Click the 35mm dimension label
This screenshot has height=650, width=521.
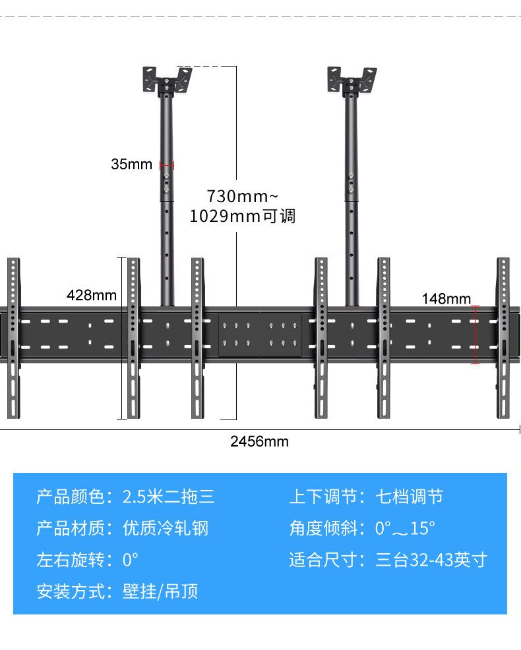click(131, 164)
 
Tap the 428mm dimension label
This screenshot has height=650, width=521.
click(91, 295)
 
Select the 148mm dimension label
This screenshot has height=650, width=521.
click(446, 299)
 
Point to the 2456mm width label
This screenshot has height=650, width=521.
click(259, 441)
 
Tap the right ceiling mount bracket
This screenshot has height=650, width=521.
click(352, 80)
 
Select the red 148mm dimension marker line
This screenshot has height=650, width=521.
click(475, 334)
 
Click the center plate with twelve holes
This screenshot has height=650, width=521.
click(260, 335)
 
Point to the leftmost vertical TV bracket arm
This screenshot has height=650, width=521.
click(14, 338)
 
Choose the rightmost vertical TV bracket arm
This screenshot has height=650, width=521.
click(504, 338)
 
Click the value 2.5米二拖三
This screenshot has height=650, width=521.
click(169, 496)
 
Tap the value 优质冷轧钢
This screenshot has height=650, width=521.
click(166, 528)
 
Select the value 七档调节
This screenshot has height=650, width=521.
click(409, 496)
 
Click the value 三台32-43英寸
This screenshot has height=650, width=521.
click(431, 560)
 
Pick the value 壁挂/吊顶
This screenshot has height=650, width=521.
click(160, 591)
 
